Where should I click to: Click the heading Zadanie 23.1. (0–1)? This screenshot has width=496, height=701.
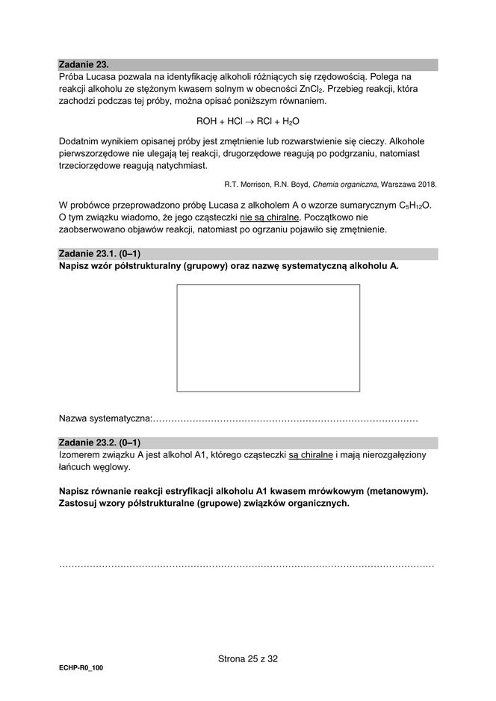(99, 255)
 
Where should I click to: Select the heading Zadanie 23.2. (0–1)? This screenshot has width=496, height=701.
(99, 442)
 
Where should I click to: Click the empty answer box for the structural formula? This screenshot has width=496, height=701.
(267, 338)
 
